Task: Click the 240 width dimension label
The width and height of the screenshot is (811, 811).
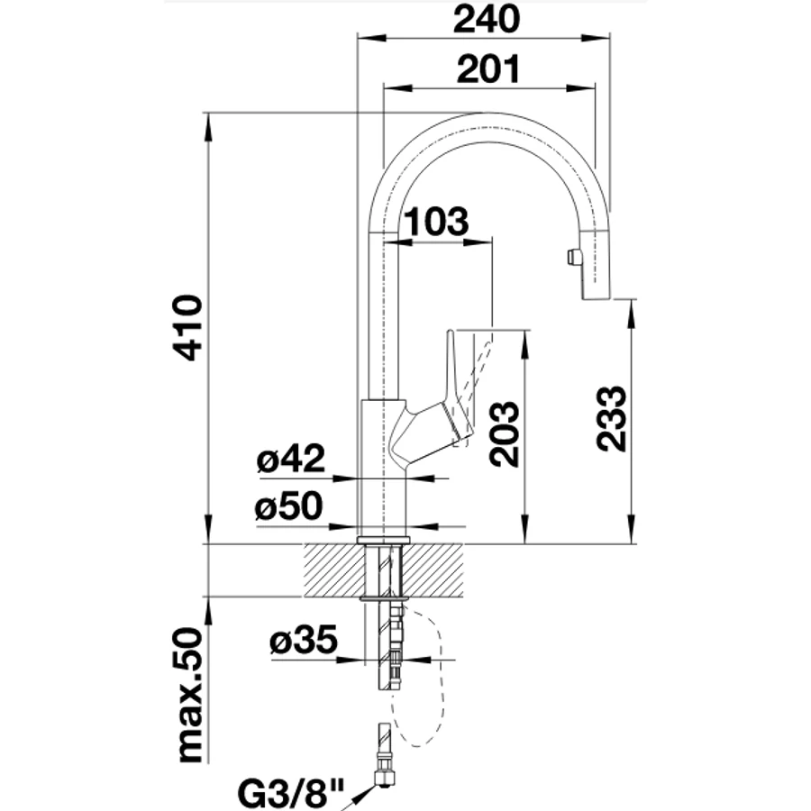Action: point(487,19)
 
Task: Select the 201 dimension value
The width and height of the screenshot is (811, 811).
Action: point(488,68)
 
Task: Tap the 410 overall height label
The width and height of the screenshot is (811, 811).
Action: point(187,327)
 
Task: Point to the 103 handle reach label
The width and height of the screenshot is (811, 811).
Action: point(436,222)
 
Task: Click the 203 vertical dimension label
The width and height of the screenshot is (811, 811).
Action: point(504,434)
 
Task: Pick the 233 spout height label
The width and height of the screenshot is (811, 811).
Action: point(611,418)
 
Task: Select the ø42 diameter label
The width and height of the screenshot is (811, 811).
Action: point(291,458)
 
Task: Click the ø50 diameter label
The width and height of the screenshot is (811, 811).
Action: point(288,506)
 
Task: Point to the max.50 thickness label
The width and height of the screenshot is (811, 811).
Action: point(188,695)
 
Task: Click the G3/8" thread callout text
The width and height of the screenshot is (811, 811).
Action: point(291,792)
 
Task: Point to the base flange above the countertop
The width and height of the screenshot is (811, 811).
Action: point(383,541)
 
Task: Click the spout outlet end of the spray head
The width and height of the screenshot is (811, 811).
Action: point(597,296)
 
